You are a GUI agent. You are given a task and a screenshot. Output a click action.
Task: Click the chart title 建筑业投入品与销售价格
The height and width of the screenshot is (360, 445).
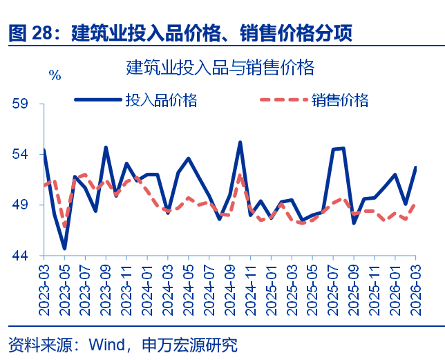pyautogui.click(x=220, y=67)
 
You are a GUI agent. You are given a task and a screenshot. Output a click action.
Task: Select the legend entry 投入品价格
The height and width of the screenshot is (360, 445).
pyautogui.click(x=161, y=100)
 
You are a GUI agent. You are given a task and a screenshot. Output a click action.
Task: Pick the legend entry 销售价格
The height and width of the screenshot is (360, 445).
pyautogui.click(x=339, y=100)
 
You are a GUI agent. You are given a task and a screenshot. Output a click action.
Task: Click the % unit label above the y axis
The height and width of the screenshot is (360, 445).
pyautogui.click(x=55, y=75)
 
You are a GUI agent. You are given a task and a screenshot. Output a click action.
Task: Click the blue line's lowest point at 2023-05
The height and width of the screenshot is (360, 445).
pyautogui.click(x=64, y=248)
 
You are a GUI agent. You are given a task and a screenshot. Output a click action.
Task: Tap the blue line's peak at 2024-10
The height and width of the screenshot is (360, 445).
pyautogui.click(x=240, y=142)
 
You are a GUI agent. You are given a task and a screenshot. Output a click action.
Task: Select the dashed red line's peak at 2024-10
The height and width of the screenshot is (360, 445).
pyautogui.click(x=240, y=175)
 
